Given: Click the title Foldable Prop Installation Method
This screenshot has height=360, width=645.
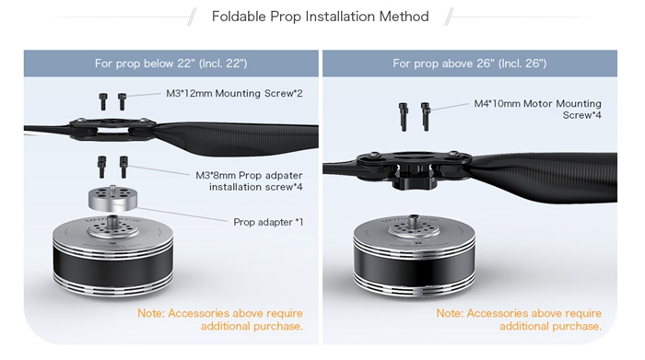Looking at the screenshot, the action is point(320,17).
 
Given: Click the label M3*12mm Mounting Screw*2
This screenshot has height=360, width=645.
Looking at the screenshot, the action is point(234,93).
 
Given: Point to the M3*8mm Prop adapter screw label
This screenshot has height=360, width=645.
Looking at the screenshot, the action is point(249,180).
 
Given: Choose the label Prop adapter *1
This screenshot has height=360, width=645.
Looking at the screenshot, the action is point(268,222).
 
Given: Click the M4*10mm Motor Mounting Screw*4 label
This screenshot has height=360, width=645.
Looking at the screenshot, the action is point(537,109).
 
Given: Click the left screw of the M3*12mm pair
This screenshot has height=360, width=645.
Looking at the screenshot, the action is point(103,101).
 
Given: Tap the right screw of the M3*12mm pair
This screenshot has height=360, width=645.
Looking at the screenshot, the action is point(122,101).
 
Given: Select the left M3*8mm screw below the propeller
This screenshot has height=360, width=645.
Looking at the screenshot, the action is point(101,167).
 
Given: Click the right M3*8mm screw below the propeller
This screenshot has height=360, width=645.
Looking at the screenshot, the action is point(123,167).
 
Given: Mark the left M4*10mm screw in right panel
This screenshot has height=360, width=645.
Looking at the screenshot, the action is point(404,117).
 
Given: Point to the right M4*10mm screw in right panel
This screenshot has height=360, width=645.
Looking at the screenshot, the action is point(426,117).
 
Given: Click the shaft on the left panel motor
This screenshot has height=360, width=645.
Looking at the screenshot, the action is point(112,221).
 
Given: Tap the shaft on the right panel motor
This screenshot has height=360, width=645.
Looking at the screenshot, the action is point(414,222).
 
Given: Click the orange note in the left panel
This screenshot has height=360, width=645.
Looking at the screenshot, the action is point(220,319).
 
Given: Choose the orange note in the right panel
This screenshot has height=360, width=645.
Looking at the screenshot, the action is point(519,319).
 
